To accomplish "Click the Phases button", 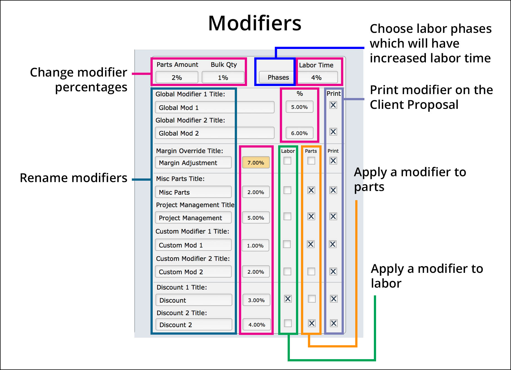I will coord(278,77).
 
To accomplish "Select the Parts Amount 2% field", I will coord(177,77).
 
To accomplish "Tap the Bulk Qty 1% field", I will coord(223,77).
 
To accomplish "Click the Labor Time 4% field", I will coord(316,77).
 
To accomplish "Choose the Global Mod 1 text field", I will coord(214,107).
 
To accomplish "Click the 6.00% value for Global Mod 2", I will coord(299,133).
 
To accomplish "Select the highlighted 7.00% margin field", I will coord(256,163).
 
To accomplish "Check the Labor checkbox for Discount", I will coord(288,299).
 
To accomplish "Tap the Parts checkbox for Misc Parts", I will coord(311,190).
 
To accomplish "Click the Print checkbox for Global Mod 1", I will coord(333,105).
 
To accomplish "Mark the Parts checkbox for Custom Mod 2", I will coord(311,271).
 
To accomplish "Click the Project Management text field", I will coord(193,218).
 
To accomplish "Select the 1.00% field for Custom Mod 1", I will coord(255,246).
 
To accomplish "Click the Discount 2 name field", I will coord(194,325).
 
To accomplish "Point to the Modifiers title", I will coord(255,23).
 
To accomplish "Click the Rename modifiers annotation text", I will coord(73,178).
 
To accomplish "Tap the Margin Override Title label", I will coord(189,151).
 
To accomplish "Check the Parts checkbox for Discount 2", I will coord(312,323).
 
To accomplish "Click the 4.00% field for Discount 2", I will coord(256,325).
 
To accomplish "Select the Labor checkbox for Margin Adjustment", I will coord(287,161).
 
